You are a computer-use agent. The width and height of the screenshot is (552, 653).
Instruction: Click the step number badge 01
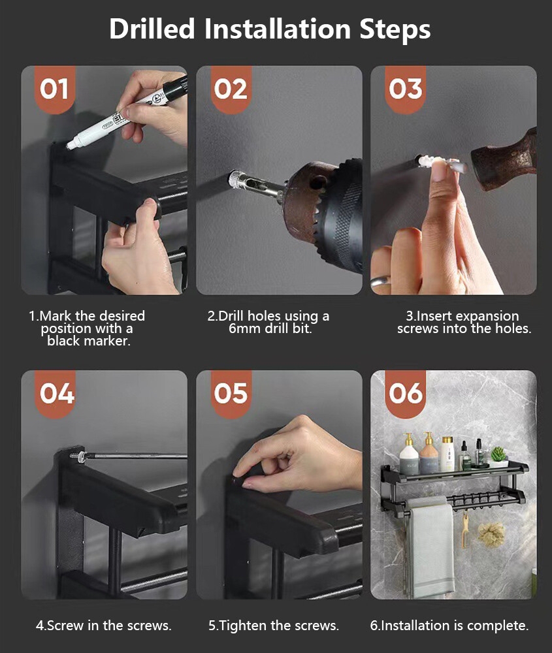55,89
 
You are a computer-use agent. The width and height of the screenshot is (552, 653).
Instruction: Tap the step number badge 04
57,394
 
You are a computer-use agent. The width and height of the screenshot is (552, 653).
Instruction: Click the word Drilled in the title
152,29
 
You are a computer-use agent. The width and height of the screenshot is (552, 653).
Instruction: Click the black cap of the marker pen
174,88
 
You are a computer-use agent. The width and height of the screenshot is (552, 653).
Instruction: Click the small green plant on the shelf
498,454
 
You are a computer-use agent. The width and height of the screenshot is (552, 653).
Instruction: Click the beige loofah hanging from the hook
491,534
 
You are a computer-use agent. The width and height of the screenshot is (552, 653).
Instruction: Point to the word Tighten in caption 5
243,626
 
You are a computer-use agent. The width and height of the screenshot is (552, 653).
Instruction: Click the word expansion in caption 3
487,316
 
